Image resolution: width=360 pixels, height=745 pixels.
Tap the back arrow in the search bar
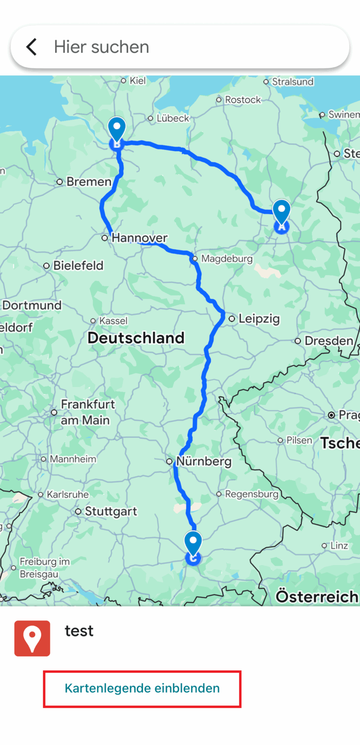click(31, 47)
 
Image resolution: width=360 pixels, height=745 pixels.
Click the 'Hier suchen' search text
click(101, 47)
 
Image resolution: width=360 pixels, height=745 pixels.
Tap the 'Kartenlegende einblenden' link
click(142, 688)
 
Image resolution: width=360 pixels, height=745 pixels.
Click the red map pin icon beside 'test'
click(32, 638)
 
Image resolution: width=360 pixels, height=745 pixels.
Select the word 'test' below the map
click(79, 631)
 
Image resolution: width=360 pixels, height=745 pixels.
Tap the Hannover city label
click(139, 238)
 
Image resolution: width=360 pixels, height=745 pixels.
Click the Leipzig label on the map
click(259, 319)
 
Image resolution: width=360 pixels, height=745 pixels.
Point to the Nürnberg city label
click(204, 462)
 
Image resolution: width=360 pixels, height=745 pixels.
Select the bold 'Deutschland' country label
click(136, 338)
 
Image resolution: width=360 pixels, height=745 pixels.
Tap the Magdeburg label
click(227, 259)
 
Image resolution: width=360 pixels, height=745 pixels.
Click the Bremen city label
click(89, 182)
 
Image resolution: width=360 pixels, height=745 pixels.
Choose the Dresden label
click(329, 341)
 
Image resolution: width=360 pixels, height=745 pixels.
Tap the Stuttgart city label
click(111, 512)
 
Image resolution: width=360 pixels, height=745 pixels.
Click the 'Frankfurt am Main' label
click(87, 412)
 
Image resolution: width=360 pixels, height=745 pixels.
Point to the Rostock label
click(242, 100)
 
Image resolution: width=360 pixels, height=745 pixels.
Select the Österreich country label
click(317, 596)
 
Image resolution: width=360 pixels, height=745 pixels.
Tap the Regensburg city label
click(252, 494)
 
